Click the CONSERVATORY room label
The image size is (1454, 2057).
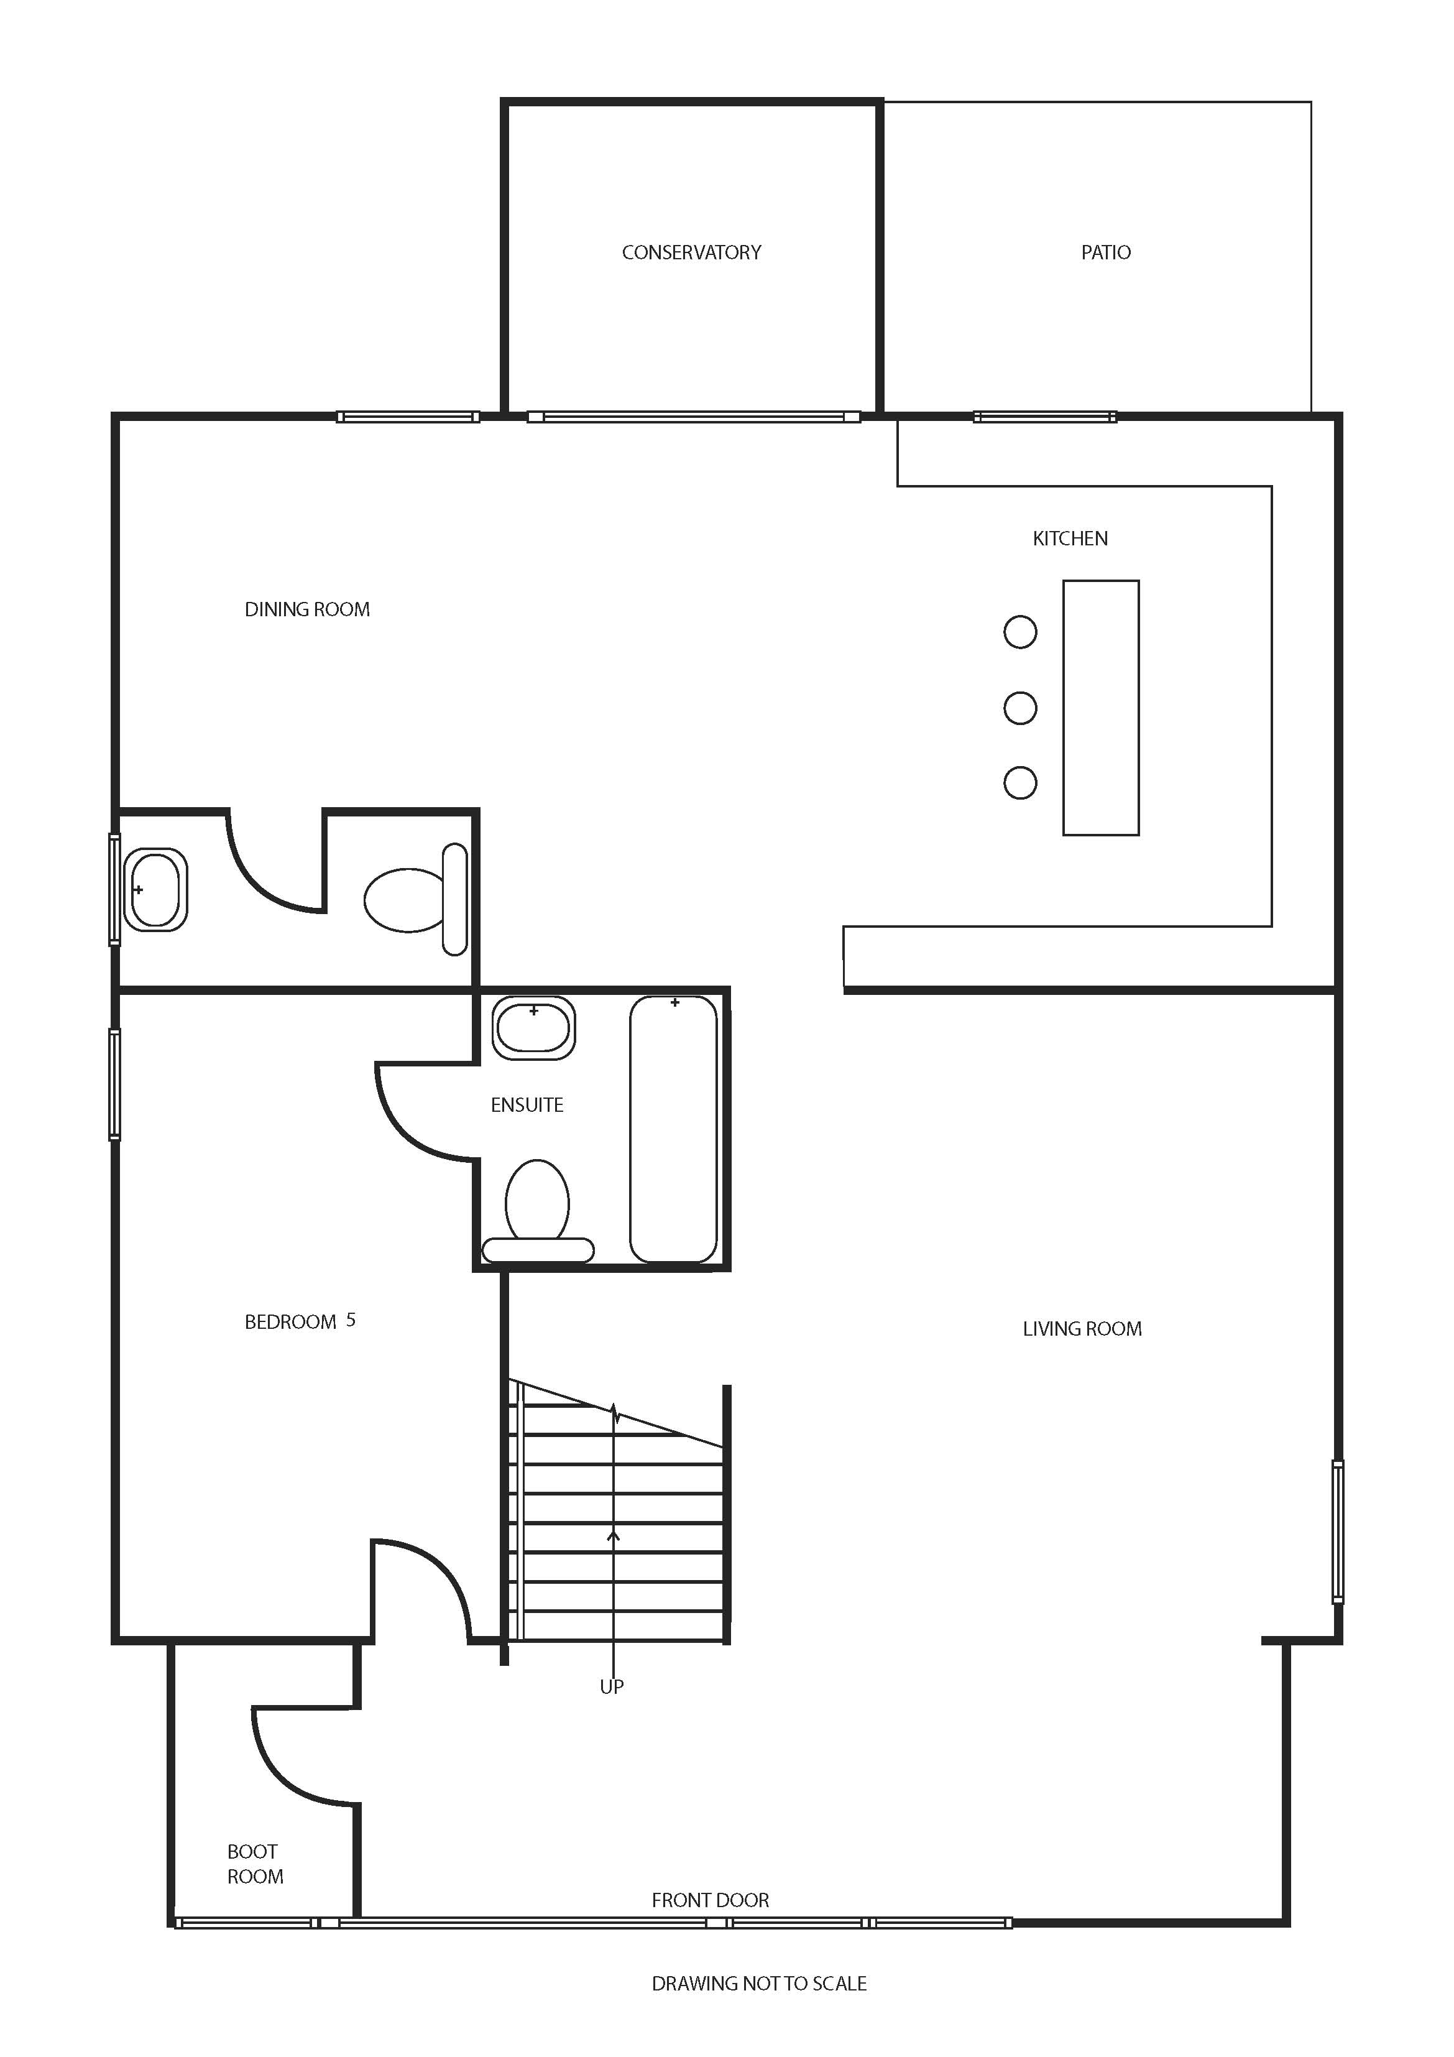click(692, 252)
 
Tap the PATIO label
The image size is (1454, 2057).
click(1105, 252)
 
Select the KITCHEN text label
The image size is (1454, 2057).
click(1070, 539)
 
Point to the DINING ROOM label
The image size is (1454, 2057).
click(307, 609)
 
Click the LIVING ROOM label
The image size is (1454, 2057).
click(1082, 1329)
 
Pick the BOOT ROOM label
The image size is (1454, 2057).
click(254, 1864)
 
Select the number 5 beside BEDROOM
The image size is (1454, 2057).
click(351, 1320)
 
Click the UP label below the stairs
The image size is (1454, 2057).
click(611, 1687)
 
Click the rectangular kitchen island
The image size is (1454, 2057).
click(1101, 708)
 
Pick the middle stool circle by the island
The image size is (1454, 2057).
click(1020, 708)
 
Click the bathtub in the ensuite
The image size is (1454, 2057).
click(674, 1129)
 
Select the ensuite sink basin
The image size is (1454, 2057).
click(534, 1028)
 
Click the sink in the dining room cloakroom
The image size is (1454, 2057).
click(155, 890)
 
